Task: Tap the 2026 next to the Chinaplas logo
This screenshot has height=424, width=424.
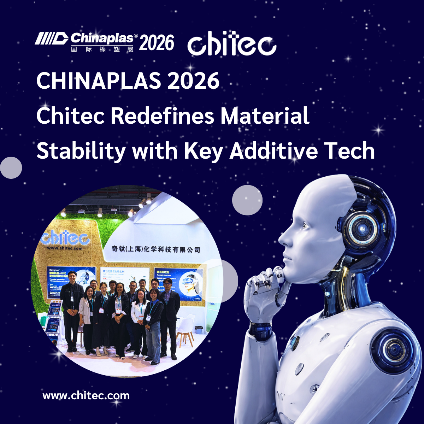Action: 157,43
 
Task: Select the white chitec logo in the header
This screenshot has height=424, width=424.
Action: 231,44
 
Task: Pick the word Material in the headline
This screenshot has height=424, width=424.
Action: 265,116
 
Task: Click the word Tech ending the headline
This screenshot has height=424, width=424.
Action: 349,151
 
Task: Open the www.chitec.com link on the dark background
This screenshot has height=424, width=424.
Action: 86,395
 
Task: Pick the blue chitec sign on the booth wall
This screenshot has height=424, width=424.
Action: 65,238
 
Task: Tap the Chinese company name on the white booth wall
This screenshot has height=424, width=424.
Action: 156,249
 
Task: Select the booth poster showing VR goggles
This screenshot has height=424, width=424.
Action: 178,283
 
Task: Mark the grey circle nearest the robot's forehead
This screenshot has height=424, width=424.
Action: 247,200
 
